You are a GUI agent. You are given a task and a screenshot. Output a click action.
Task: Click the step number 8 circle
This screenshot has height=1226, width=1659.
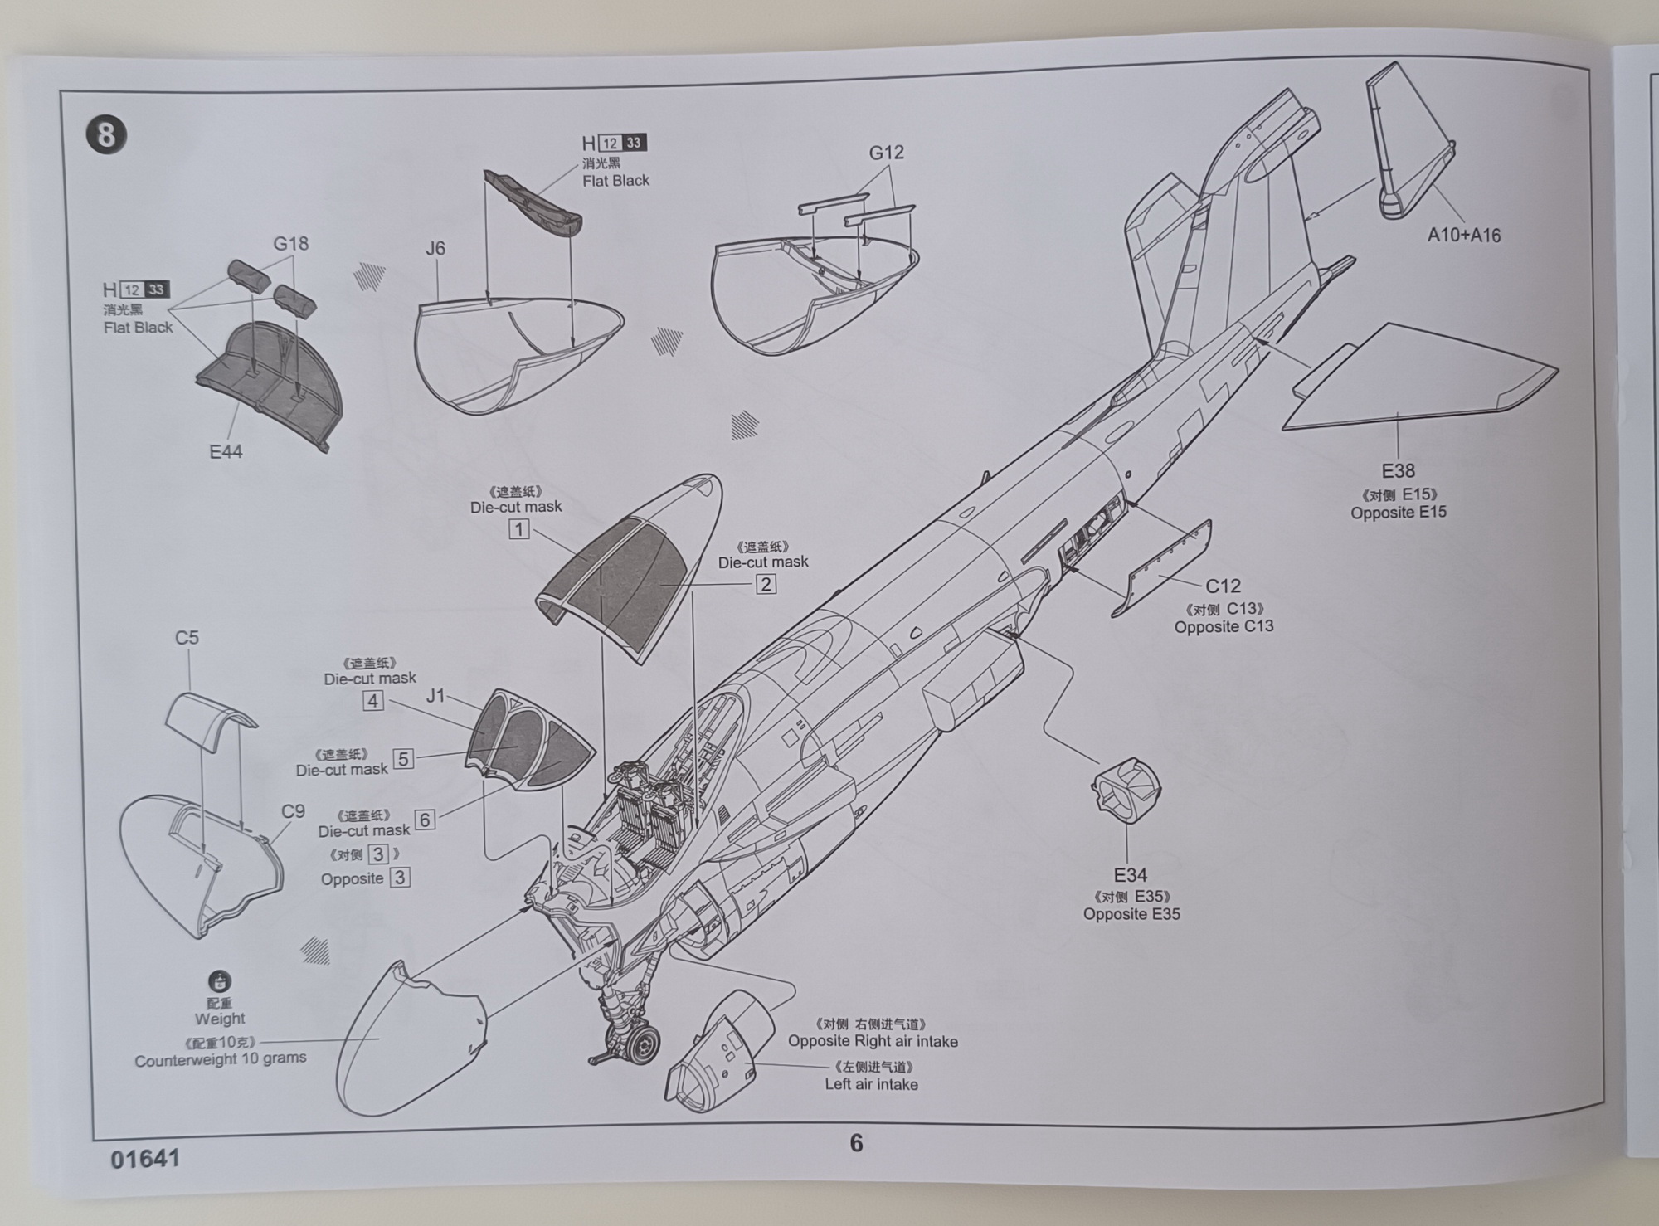(106, 134)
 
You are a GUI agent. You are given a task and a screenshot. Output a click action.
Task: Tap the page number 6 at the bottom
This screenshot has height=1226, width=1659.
(856, 1144)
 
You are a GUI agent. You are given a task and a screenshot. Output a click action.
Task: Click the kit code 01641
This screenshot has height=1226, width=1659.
(145, 1159)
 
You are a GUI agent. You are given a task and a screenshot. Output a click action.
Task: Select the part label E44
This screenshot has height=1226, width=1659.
(226, 452)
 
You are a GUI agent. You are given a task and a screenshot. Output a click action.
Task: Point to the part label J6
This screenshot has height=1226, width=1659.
(435, 248)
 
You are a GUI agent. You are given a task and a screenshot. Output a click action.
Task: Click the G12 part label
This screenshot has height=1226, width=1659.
(886, 153)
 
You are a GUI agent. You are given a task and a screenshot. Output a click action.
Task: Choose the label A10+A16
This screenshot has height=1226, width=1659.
(1464, 236)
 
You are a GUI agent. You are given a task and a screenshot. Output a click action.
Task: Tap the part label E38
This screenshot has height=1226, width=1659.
(1398, 471)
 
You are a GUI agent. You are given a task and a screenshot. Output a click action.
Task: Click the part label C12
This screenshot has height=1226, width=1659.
(1223, 586)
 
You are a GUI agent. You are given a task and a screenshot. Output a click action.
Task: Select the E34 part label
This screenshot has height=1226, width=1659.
(1131, 875)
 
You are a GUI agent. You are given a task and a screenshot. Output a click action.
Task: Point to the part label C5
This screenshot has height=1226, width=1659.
(187, 638)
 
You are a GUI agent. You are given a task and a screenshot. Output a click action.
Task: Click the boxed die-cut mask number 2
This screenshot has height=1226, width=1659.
(766, 584)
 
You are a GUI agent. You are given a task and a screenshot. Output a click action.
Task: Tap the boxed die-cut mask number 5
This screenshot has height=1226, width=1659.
(403, 759)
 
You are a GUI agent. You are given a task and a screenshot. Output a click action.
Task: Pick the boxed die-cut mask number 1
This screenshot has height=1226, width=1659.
(519, 529)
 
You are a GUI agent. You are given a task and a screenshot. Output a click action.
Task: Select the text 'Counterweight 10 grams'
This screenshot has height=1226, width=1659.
(221, 1059)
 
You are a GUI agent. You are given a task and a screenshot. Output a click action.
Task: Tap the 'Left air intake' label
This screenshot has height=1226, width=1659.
(871, 1084)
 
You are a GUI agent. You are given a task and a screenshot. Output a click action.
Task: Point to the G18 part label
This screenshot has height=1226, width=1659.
(290, 244)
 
